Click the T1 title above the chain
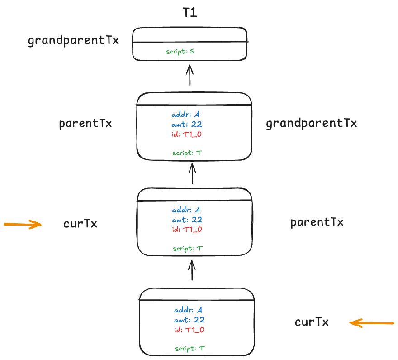point(190,12)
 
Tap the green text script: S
point(180,52)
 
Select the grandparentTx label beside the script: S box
point(73,41)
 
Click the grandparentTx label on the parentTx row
point(311,123)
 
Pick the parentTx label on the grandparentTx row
point(85,124)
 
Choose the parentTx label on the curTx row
point(317,222)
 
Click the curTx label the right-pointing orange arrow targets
point(80,224)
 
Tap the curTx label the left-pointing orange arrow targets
point(312,322)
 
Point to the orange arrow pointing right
point(23,224)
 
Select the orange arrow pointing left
point(372,323)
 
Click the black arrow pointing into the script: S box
point(190,75)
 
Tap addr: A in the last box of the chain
point(188,310)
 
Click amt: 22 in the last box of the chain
point(189,320)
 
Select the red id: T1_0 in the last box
point(189,330)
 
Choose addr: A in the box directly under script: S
point(185,114)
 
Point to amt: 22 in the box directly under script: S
point(186,124)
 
